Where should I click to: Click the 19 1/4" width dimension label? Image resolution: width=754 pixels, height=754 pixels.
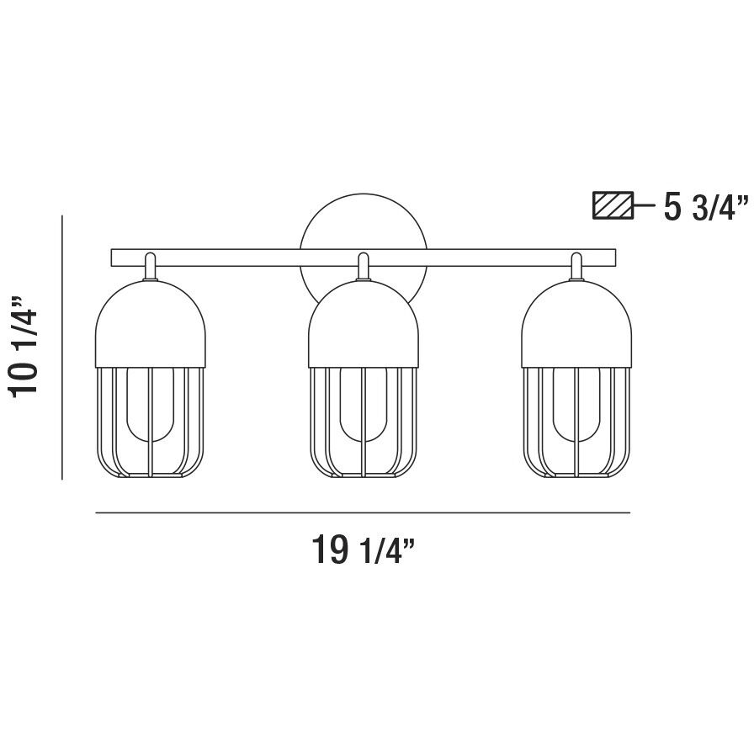(x=364, y=551)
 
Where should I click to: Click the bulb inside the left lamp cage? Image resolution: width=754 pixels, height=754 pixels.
(x=151, y=404)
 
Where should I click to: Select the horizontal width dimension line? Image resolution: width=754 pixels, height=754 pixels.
(x=363, y=512)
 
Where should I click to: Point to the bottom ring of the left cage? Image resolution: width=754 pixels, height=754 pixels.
(x=151, y=476)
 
